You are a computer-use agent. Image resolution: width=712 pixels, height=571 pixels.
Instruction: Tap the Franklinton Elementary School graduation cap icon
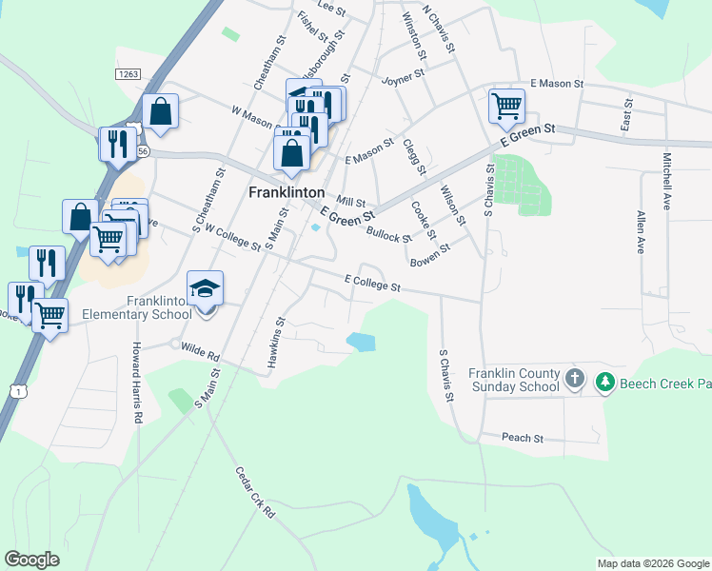205,287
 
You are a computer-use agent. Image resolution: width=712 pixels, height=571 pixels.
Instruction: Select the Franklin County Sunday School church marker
574,380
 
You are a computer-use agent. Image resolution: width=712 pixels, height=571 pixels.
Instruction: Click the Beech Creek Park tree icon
604,383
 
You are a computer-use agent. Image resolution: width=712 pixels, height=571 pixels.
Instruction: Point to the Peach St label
523,439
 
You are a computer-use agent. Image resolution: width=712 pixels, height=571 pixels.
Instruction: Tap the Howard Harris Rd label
138,369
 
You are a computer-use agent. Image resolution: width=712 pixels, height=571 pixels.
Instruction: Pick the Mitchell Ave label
668,182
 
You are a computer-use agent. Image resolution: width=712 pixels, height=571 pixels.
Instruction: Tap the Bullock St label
388,234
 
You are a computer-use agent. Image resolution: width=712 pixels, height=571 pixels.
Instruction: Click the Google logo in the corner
31,560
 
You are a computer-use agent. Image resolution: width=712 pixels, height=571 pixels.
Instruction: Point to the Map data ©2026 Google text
653,563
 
